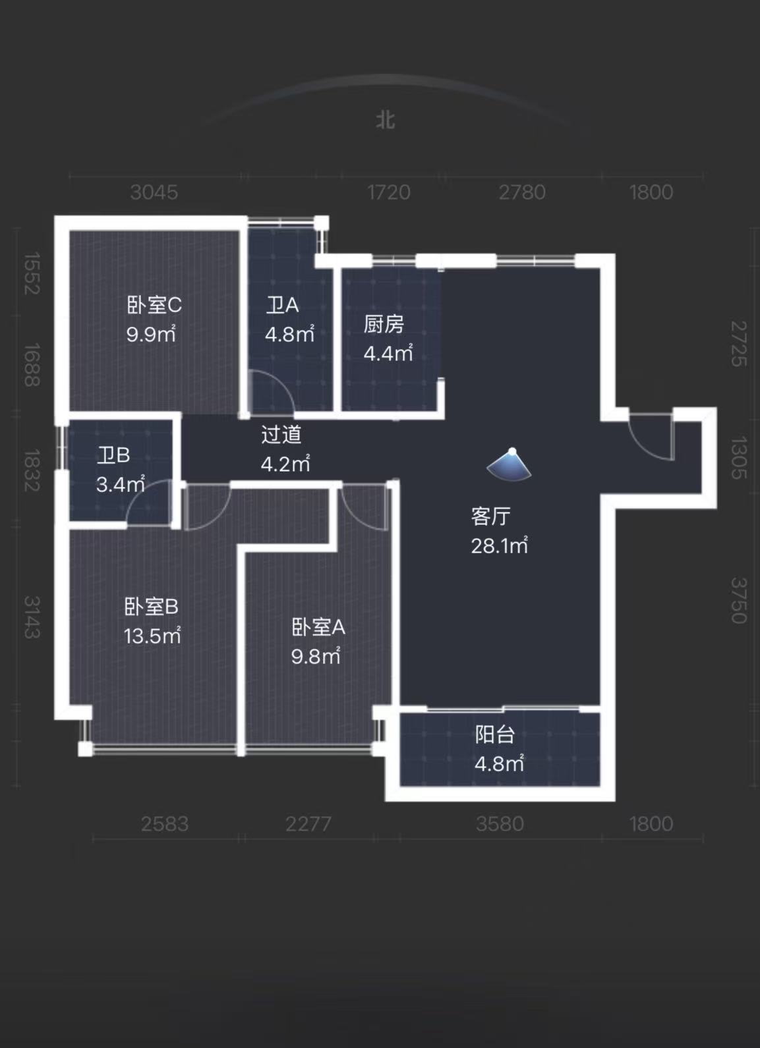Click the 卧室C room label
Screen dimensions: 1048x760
coord(154,305)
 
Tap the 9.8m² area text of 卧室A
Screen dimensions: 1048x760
coord(316,656)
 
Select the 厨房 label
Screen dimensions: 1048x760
coord(384,324)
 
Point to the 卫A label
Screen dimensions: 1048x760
coord(282,305)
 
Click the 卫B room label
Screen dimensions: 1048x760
coord(113,455)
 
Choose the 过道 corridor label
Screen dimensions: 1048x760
coord(281,435)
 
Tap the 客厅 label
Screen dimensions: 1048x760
coord(490,516)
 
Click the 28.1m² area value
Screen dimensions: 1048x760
coord(499,545)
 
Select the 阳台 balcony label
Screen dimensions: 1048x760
coord(494,734)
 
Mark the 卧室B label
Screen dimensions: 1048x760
coord(151,607)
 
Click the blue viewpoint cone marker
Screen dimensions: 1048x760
coord(510,464)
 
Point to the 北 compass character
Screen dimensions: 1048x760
coord(386,121)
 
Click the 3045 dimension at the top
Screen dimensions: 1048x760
coord(154,192)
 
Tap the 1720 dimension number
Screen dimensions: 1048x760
coord(388,192)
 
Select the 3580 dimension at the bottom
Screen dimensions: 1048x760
coord(500,824)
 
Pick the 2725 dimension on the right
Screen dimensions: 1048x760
coord(739,344)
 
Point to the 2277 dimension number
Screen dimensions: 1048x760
coord(308,824)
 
